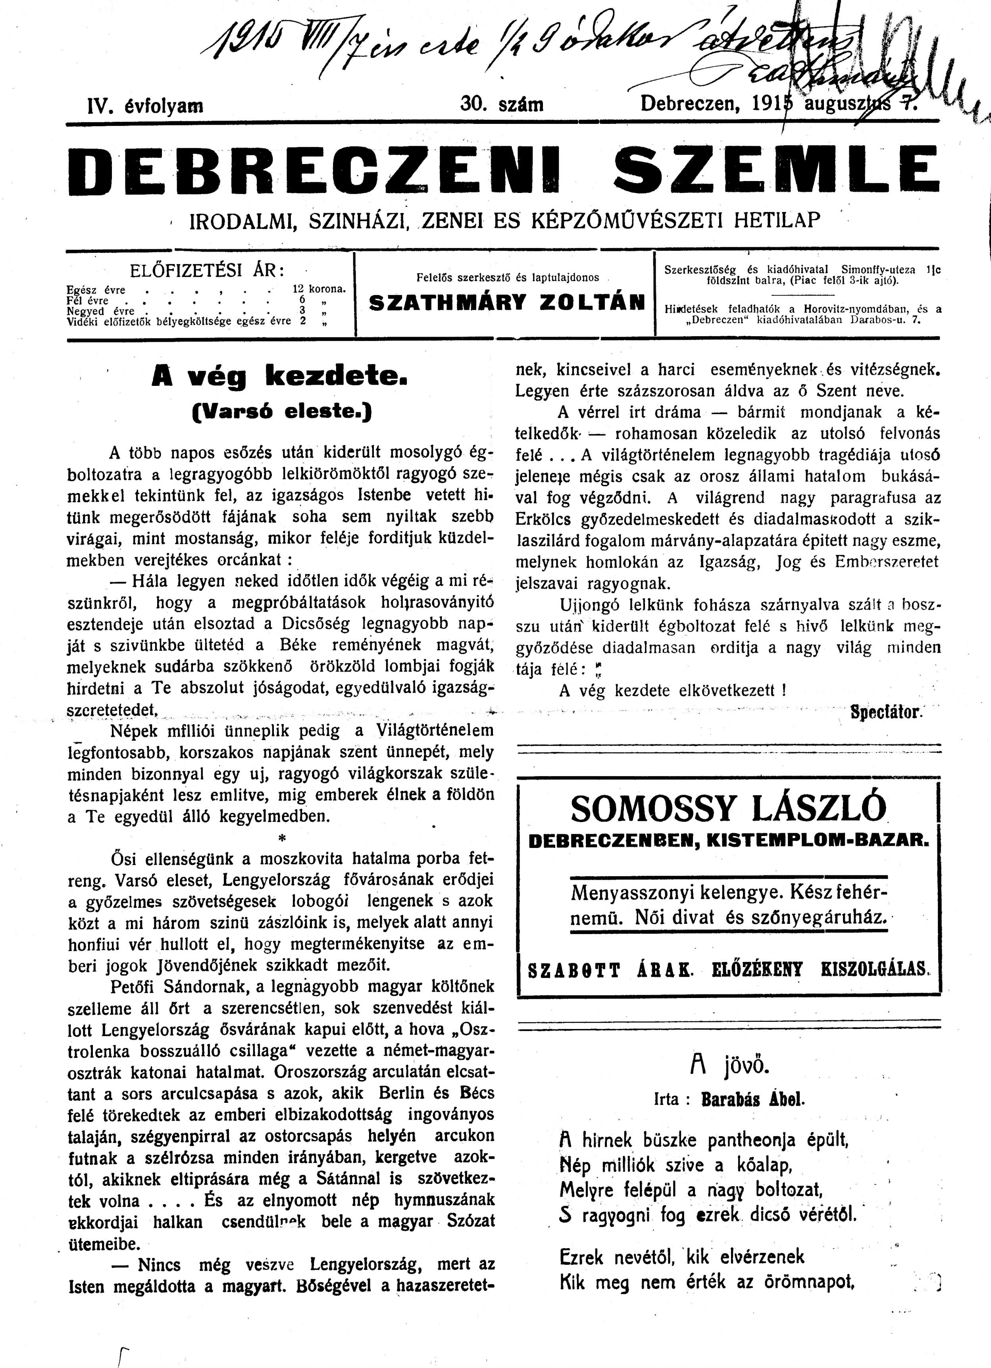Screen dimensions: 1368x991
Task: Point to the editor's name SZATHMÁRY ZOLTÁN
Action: tap(507, 302)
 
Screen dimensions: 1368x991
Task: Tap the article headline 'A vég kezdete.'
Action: tap(281, 377)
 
